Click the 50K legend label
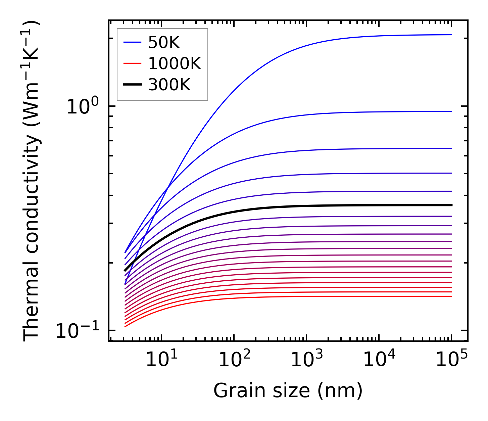[164, 43]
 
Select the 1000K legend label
[175, 64]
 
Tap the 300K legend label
[169, 85]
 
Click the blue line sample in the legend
[133, 42]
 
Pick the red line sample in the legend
[133, 63]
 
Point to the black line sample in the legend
[133, 85]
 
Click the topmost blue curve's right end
[451, 35]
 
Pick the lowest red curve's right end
[451, 296]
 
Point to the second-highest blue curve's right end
[451, 111]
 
